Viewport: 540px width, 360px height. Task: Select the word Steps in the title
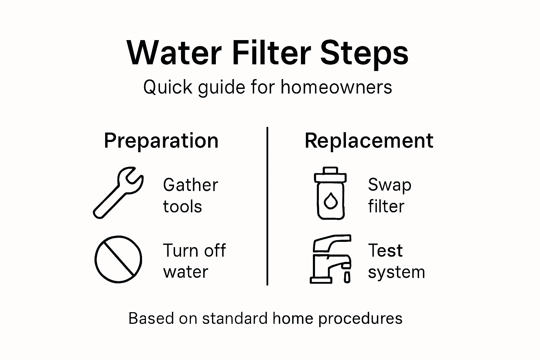(364, 53)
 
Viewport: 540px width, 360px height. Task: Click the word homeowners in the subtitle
(336, 87)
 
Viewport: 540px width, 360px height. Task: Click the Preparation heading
(161, 141)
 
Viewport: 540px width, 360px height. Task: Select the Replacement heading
(369, 141)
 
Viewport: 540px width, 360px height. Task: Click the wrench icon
(118, 193)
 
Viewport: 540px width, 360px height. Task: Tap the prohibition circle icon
(118, 259)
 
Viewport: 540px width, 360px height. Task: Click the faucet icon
(330, 259)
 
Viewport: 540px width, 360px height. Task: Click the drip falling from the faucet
(347, 277)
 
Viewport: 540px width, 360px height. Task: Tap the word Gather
(190, 185)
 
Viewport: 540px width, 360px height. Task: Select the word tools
(182, 206)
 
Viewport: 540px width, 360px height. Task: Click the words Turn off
(194, 251)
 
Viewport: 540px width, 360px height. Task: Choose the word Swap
(390, 185)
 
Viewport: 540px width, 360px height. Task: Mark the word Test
(385, 251)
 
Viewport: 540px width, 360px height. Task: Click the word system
(396, 272)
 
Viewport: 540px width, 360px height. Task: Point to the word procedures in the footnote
(360, 319)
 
